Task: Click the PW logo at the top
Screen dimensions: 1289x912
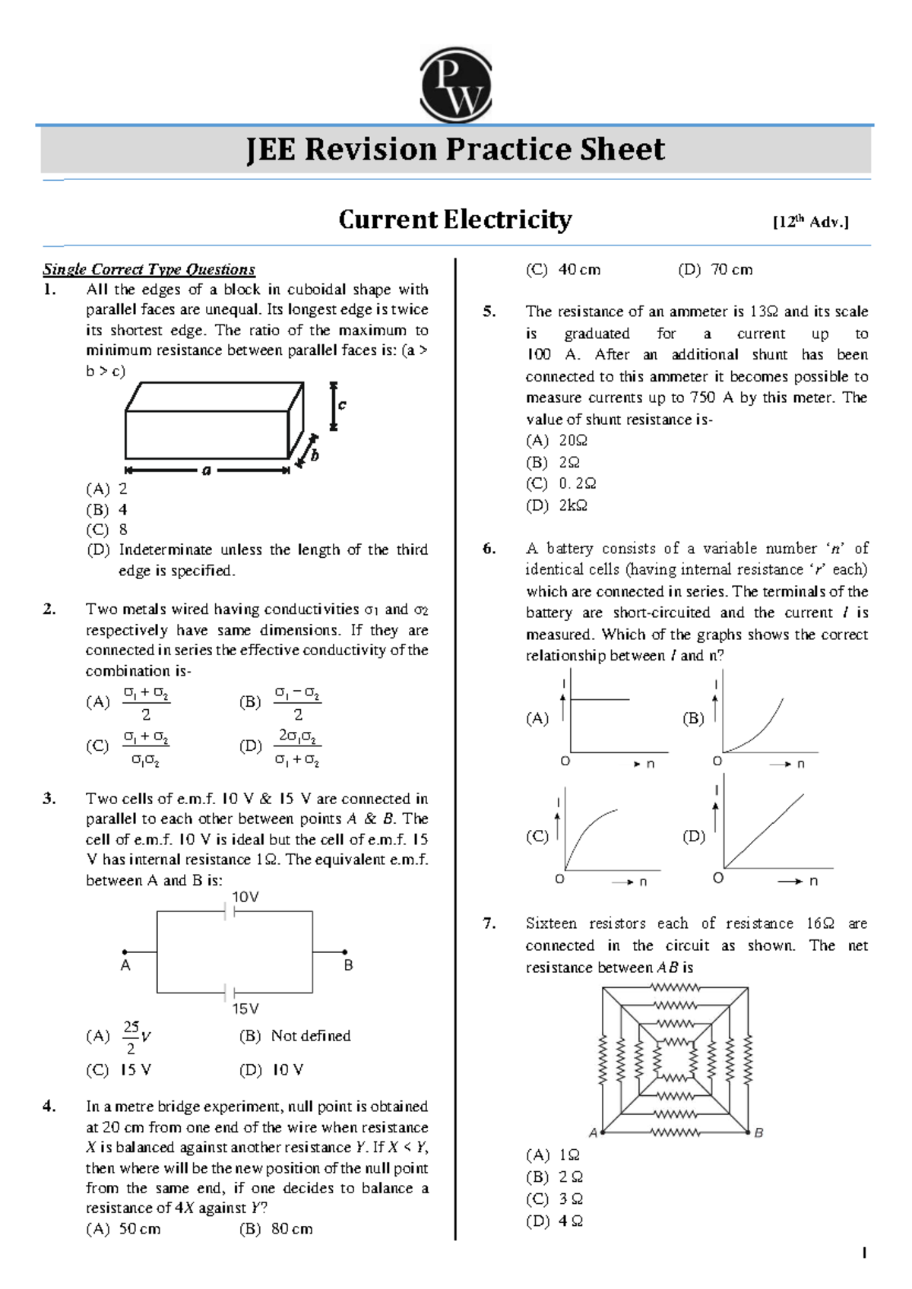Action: click(x=455, y=85)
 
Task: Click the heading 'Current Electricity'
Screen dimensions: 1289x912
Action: click(x=454, y=220)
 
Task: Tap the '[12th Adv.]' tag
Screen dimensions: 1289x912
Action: click(x=810, y=222)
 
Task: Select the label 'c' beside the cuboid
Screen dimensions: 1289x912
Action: click(x=342, y=404)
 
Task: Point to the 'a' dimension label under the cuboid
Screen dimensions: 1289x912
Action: click(x=206, y=470)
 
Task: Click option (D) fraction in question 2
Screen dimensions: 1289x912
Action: click(x=297, y=747)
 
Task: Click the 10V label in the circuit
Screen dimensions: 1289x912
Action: click(x=245, y=897)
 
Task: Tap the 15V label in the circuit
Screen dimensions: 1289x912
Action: click(x=245, y=1009)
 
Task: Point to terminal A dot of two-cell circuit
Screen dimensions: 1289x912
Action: click(x=125, y=952)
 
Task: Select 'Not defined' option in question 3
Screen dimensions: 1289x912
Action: click(x=310, y=1036)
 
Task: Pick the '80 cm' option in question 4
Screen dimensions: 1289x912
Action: click(x=291, y=1229)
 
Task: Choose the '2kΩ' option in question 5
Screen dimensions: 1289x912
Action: click(x=572, y=505)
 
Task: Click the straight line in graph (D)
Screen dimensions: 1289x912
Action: click(x=764, y=830)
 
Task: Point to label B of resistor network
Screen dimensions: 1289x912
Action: click(x=758, y=1132)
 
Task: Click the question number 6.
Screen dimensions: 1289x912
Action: click(x=489, y=549)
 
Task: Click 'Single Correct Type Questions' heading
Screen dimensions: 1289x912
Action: click(x=149, y=270)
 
